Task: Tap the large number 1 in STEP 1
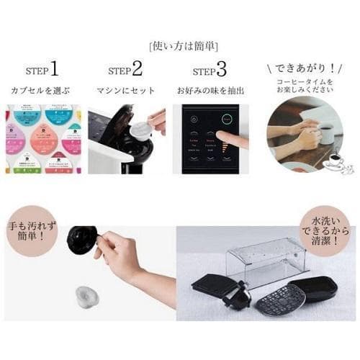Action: tap(54, 69)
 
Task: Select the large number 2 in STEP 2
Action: tap(137, 69)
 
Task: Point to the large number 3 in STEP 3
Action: tap(221, 69)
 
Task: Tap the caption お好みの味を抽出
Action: tap(210, 91)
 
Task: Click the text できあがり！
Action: tap(303, 69)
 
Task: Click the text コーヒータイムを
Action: tap(302, 83)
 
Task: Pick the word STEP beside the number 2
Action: tap(119, 71)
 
